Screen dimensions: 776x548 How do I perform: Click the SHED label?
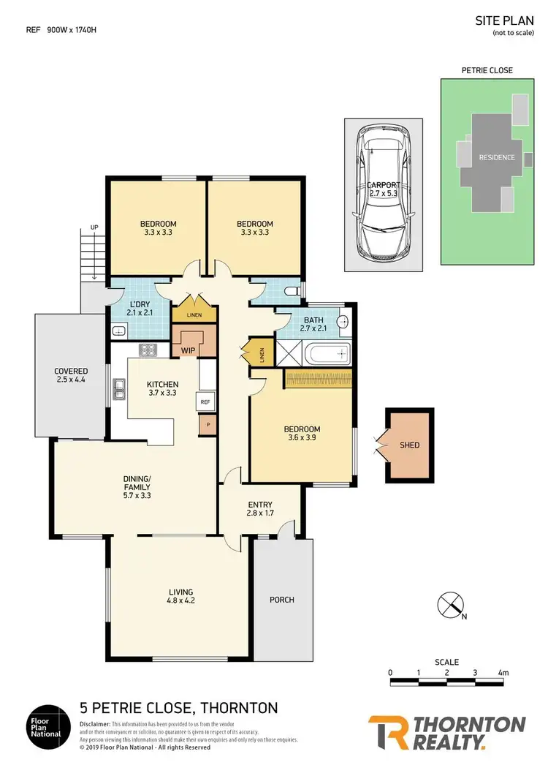(410, 445)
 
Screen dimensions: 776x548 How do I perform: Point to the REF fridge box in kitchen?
(205, 402)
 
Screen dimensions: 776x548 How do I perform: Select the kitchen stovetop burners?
(148, 350)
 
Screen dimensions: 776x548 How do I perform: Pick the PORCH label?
(282, 600)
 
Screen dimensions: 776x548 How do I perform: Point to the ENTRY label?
(259, 505)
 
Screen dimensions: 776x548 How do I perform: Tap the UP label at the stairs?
(94, 227)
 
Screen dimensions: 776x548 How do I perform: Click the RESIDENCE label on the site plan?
(497, 157)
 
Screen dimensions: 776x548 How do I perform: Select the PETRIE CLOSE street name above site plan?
(487, 71)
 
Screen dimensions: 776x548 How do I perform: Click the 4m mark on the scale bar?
(502, 671)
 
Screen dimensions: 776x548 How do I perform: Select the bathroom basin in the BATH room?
(344, 321)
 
